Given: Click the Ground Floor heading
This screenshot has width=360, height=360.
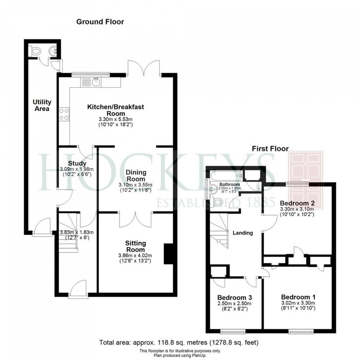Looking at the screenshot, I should [100, 22].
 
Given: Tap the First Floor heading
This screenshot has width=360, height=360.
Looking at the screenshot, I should [270, 149].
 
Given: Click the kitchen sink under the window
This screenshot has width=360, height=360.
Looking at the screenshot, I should [96, 81].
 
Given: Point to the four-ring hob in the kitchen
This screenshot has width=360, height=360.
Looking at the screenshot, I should [63, 115].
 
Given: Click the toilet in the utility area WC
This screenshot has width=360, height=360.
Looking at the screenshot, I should [35, 51].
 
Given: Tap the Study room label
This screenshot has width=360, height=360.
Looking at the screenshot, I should [77, 163].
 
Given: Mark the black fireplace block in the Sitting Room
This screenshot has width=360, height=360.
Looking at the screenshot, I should [168, 253].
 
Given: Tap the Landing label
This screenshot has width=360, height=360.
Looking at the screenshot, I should [243, 233].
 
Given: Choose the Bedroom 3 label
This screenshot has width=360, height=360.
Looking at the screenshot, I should [235, 298].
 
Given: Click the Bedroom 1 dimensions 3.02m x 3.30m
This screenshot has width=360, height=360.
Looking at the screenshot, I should [298, 303].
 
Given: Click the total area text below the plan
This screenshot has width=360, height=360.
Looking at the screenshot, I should [179, 343].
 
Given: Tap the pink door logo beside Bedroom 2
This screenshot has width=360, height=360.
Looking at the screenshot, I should [305, 180].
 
